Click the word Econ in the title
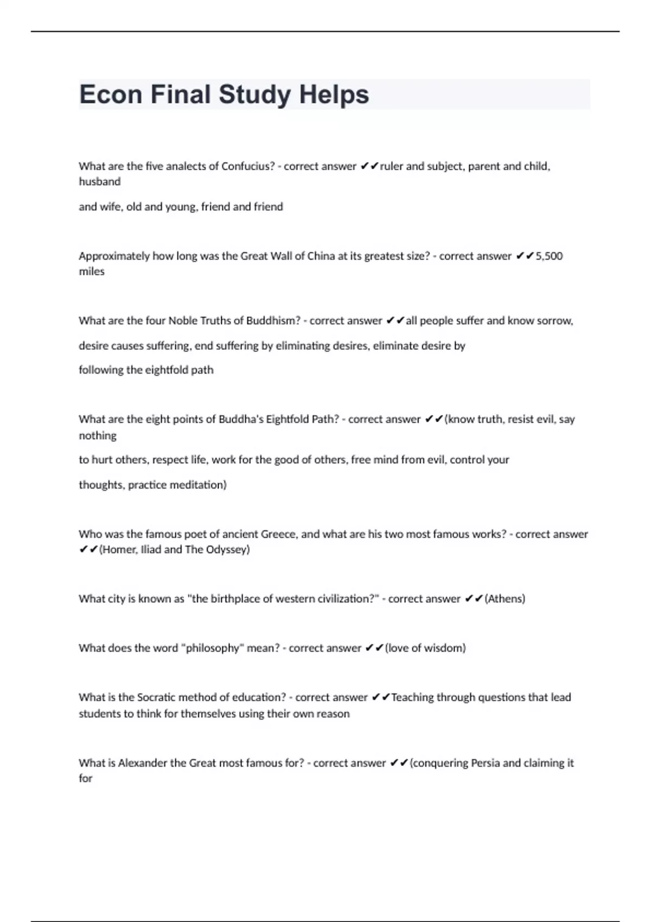point(111,94)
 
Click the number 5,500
point(549,256)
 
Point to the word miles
point(92,271)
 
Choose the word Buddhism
point(273,321)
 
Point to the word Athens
point(505,599)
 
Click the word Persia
point(485,763)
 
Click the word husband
point(100,182)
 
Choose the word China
point(321,256)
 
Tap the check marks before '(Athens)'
point(474,599)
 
